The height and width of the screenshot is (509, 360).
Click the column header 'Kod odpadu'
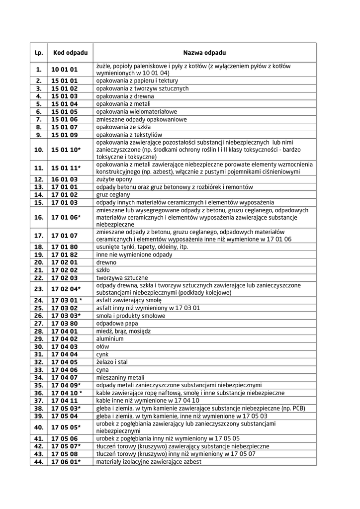[x=70, y=52]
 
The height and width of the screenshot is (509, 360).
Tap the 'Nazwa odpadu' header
[x=204, y=52]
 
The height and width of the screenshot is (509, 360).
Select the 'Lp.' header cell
[x=39, y=52]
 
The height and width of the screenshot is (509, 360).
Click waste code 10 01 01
[x=65, y=69]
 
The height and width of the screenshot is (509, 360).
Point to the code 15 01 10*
[x=66, y=149]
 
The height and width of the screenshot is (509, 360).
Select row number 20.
[x=39, y=262]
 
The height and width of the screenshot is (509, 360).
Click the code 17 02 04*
[x=66, y=289]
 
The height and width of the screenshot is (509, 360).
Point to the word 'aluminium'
[x=109, y=339]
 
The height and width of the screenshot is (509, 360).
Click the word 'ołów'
[x=102, y=346]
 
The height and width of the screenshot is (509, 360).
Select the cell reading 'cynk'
[x=102, y=354]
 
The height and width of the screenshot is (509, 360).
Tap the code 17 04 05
[x=65, y=362]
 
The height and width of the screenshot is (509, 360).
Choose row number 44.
[x=39, y=462]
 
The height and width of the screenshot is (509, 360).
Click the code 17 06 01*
[x=66, y=462]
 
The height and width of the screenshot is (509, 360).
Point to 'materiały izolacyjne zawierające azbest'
[x=149, y=462]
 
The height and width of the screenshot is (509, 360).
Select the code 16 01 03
[x=65, y=179]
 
